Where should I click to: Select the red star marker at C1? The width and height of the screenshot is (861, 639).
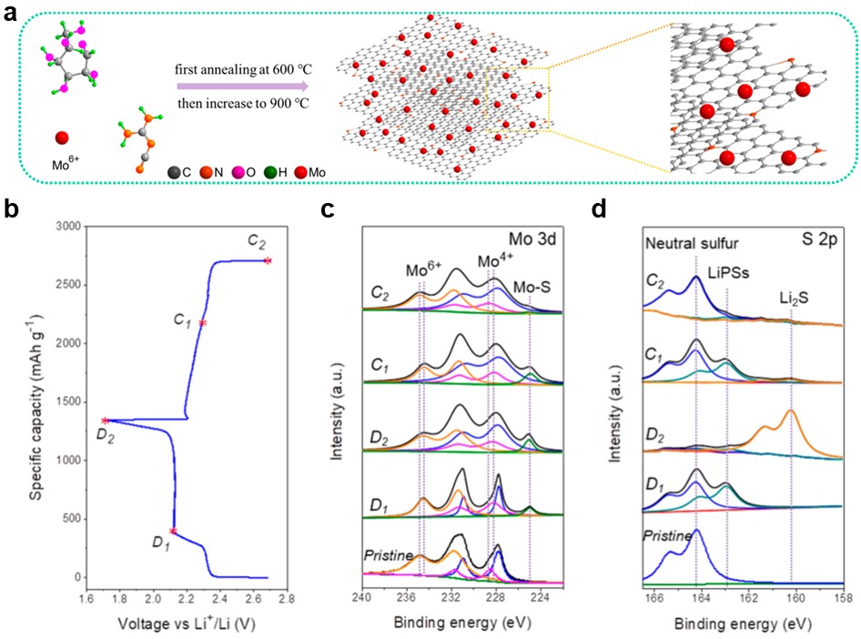[203, 323]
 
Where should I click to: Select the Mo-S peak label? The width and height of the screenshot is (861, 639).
[533, 262]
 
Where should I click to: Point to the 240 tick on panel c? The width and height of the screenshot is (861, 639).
[362, 597]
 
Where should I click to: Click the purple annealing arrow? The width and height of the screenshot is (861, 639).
[241, 84]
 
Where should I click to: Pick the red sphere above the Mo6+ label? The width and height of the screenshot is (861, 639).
[62, 138]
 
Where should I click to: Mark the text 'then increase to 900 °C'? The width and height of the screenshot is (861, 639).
[241, 102]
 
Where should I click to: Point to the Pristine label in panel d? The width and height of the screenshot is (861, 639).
[669, 535]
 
